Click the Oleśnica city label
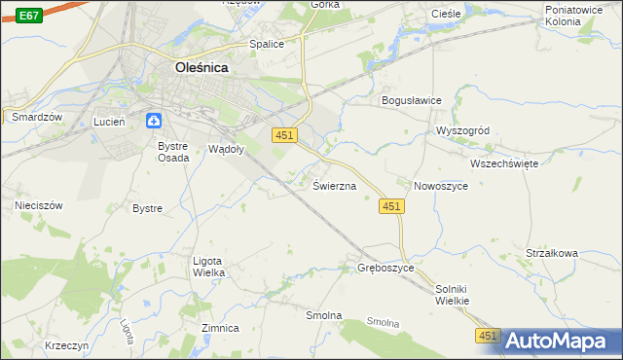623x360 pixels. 208,68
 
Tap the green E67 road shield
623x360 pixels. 29,16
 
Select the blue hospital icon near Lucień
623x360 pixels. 154,121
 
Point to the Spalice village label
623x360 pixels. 266,44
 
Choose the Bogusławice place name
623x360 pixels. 411,100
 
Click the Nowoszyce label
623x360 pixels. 441,185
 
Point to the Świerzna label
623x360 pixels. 334,185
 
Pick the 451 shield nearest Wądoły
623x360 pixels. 283,135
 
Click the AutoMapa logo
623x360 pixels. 561,341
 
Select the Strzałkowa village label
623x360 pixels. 552,253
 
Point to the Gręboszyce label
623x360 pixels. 385,268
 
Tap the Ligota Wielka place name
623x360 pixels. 209,266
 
